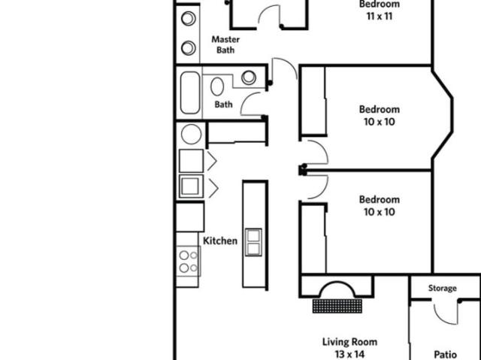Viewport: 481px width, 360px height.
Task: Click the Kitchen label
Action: coord(220,241)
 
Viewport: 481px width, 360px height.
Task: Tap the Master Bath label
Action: coord(225,44)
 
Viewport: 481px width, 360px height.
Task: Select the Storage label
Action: coord(443,289)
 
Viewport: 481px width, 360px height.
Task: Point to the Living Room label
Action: coord(349,342)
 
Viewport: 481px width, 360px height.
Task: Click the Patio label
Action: coord(446,355)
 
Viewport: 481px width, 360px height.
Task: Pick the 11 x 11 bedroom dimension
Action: coord(380,16)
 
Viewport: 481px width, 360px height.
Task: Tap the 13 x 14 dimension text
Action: coord(349,355)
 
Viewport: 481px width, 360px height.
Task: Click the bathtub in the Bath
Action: coord(190,92)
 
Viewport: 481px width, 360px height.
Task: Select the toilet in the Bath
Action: coord(217,86)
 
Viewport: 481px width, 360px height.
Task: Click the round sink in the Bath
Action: coord(249,77)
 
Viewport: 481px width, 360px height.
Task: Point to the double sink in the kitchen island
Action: coord(253,242)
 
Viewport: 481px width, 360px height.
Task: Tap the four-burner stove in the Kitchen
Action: coord(189,262)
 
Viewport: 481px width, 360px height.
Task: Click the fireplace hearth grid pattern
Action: coord(337,306)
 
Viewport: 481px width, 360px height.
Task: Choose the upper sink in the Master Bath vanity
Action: coord(189,18)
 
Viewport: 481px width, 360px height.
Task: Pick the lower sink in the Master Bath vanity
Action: coord(189,48)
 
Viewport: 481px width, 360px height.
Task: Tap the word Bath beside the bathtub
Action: coord(224,104)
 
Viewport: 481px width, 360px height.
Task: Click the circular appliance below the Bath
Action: coord(192,134)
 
